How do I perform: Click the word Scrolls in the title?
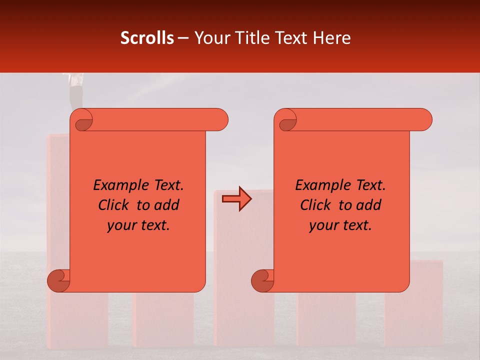click(x=147, y=38)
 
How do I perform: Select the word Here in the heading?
click(x=332, y=38)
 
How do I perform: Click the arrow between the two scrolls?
click(x=236, y=199)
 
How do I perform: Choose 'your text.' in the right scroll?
click(x=340, y=225)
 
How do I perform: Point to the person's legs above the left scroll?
click(x=75, y=92)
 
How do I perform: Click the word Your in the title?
click(x=211, y=38)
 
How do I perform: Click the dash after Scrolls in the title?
click(x=183, y=38)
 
